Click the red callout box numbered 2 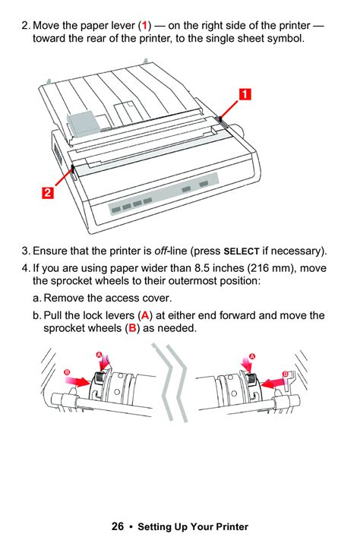click(47, 193)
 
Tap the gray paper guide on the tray click(82, 119)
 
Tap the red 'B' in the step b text click(131, 328)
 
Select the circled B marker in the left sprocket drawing click(67, 372)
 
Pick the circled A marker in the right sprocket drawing click(252, 355)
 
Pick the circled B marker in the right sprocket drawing click(285, 373)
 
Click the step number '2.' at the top click(26, 26)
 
